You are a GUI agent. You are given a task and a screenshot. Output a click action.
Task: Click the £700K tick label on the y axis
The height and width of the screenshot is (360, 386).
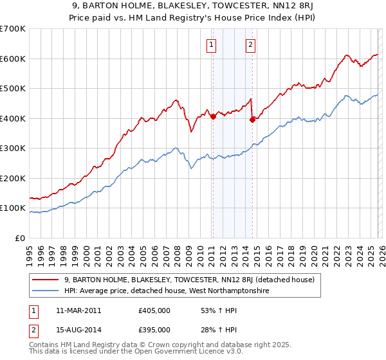click(13, 29)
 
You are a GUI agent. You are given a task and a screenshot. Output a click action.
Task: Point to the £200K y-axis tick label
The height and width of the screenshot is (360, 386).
click(13, 178)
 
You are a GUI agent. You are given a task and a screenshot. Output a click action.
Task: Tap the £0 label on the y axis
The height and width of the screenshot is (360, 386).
click(20, 238)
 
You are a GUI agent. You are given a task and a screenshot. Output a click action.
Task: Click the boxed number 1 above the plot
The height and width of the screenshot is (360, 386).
click(212, 44)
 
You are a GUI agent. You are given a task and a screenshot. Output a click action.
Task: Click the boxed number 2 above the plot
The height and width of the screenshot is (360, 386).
click(250, 44)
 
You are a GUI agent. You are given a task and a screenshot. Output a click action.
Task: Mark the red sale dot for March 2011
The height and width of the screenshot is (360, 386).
click(213, 117)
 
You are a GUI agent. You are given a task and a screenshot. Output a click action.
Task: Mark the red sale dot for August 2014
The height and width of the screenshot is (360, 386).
click(252, 120)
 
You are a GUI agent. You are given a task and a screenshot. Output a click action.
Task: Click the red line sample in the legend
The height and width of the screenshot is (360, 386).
click(45, 280)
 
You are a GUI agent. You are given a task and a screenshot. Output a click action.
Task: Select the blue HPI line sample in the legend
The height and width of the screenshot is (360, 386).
click(45, 291)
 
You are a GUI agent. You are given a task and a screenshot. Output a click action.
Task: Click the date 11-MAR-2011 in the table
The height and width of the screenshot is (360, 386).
click(78, 310)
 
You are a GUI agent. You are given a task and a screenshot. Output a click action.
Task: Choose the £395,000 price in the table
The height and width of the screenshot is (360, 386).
click(154, 330)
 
